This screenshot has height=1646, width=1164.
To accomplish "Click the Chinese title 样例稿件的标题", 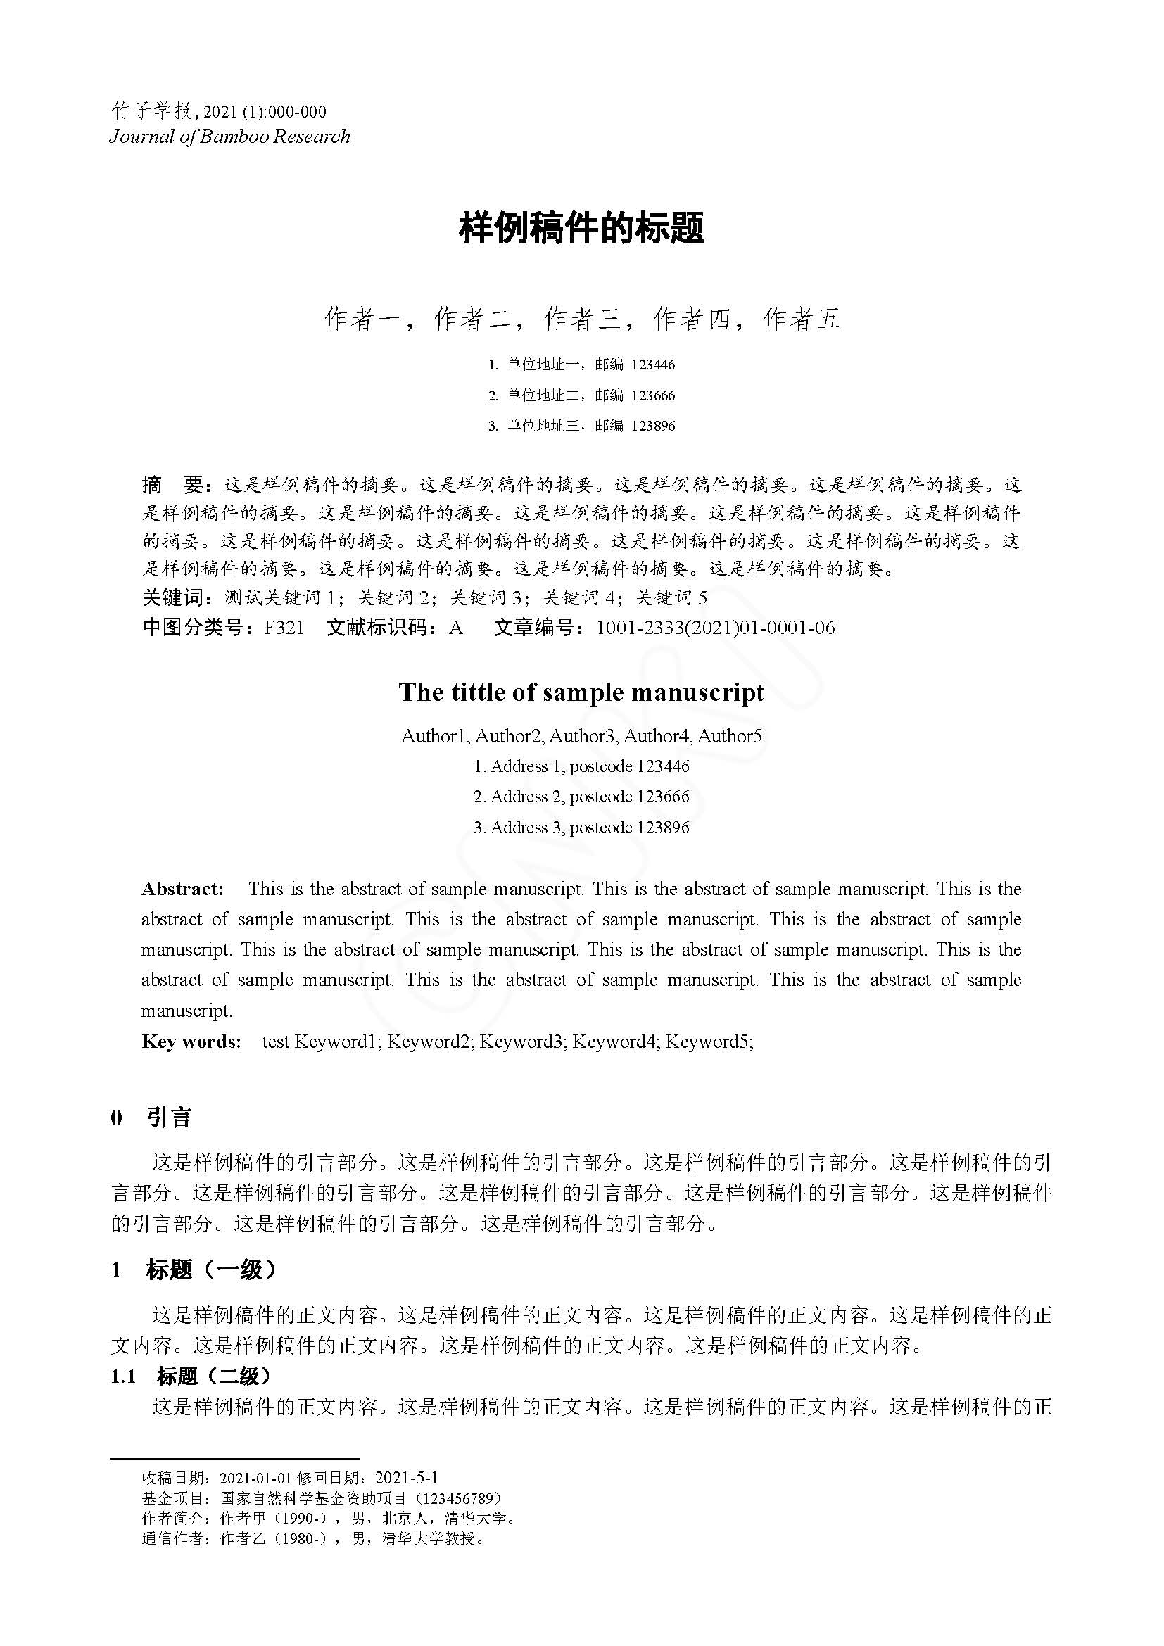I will pyautogui.click(x=581, y=228).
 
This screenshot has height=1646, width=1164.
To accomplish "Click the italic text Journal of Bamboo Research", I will pyautogui.click(x=229, y=137).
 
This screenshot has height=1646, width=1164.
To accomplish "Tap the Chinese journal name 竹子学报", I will pyautogui.click(x=152, y=111).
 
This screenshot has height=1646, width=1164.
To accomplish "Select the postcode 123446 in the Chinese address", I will pyautogui.click(x=652, y=365).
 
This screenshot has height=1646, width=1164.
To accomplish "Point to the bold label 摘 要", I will pyautogui.click(x=174, y=486).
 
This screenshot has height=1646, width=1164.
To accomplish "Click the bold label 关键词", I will pyautogui.click(x=173, y=597).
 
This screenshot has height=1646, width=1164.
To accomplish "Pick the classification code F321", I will pyautogui.click(x=284, y=628).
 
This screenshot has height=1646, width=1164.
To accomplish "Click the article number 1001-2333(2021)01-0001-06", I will pyautogui.click(x=715, y=628).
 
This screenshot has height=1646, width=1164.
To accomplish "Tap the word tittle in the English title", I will pyautogui.click(x=476, y=692).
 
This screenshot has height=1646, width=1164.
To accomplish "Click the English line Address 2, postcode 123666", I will pyautogui.click(x=581, y=797).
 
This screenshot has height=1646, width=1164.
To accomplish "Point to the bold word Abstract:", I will pyautogui.click(x=182, y=889).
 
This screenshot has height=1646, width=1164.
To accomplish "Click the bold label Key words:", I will pyautogui.click(x=191, y=1041).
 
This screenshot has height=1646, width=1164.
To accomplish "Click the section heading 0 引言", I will pyautogui.click(x=151, y=1118).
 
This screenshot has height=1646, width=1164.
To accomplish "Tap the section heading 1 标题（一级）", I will pyautogui.click(x=194, y=1270).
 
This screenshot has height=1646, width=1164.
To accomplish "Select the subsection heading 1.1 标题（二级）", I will pyautogui.click(x=191, y=1376).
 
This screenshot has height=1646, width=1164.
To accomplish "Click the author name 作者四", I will pyautogui.click(x=692, y=319).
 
